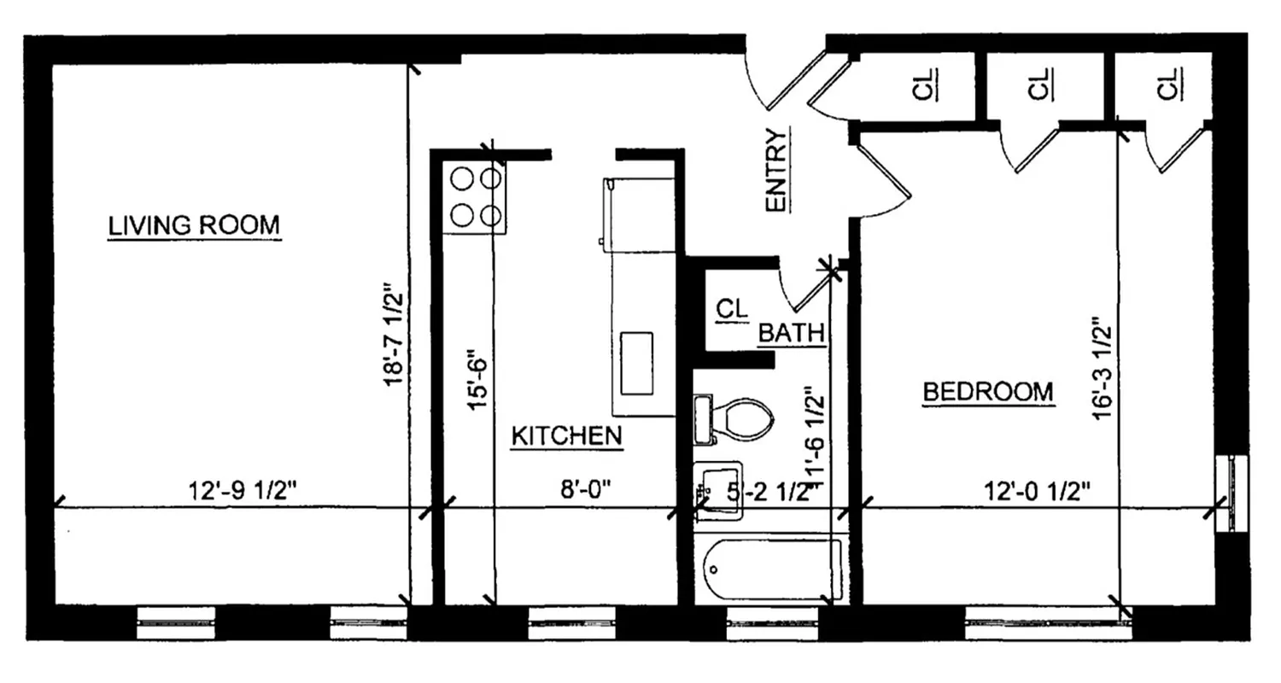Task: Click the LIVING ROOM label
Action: coord(194,226)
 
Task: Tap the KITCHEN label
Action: coord(566,436)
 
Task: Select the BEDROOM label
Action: coord(988,393)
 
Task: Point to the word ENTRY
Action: coord(775,170)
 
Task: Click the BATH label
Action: coord(791,332)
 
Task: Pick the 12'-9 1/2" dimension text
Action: coord(243,492)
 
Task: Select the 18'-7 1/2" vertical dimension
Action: coord(393,336)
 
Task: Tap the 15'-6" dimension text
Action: coord(478,378)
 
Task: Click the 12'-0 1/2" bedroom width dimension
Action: coord(1038,492)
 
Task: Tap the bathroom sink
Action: coord(717,490)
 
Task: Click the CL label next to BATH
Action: coord(730,309)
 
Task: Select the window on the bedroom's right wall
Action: coord(1231,494)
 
